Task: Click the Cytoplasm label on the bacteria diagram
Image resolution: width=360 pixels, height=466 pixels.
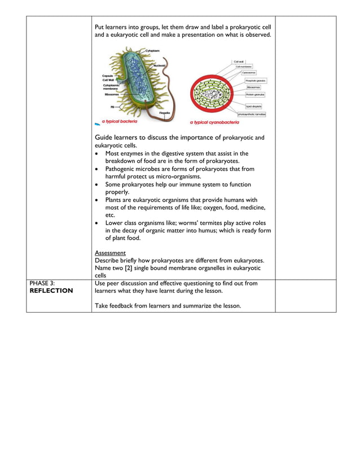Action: pos(152,51)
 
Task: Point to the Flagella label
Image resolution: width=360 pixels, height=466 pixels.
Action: pos(165,112)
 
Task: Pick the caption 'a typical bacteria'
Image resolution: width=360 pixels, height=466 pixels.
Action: pos(120,121)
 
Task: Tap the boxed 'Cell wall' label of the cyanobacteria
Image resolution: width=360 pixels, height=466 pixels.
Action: pos(238,61)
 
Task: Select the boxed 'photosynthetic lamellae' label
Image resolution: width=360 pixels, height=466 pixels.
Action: pos(252,114)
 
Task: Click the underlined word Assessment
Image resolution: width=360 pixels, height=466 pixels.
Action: pos(110,253)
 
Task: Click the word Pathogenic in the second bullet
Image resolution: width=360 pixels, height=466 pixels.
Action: pos(121,169)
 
